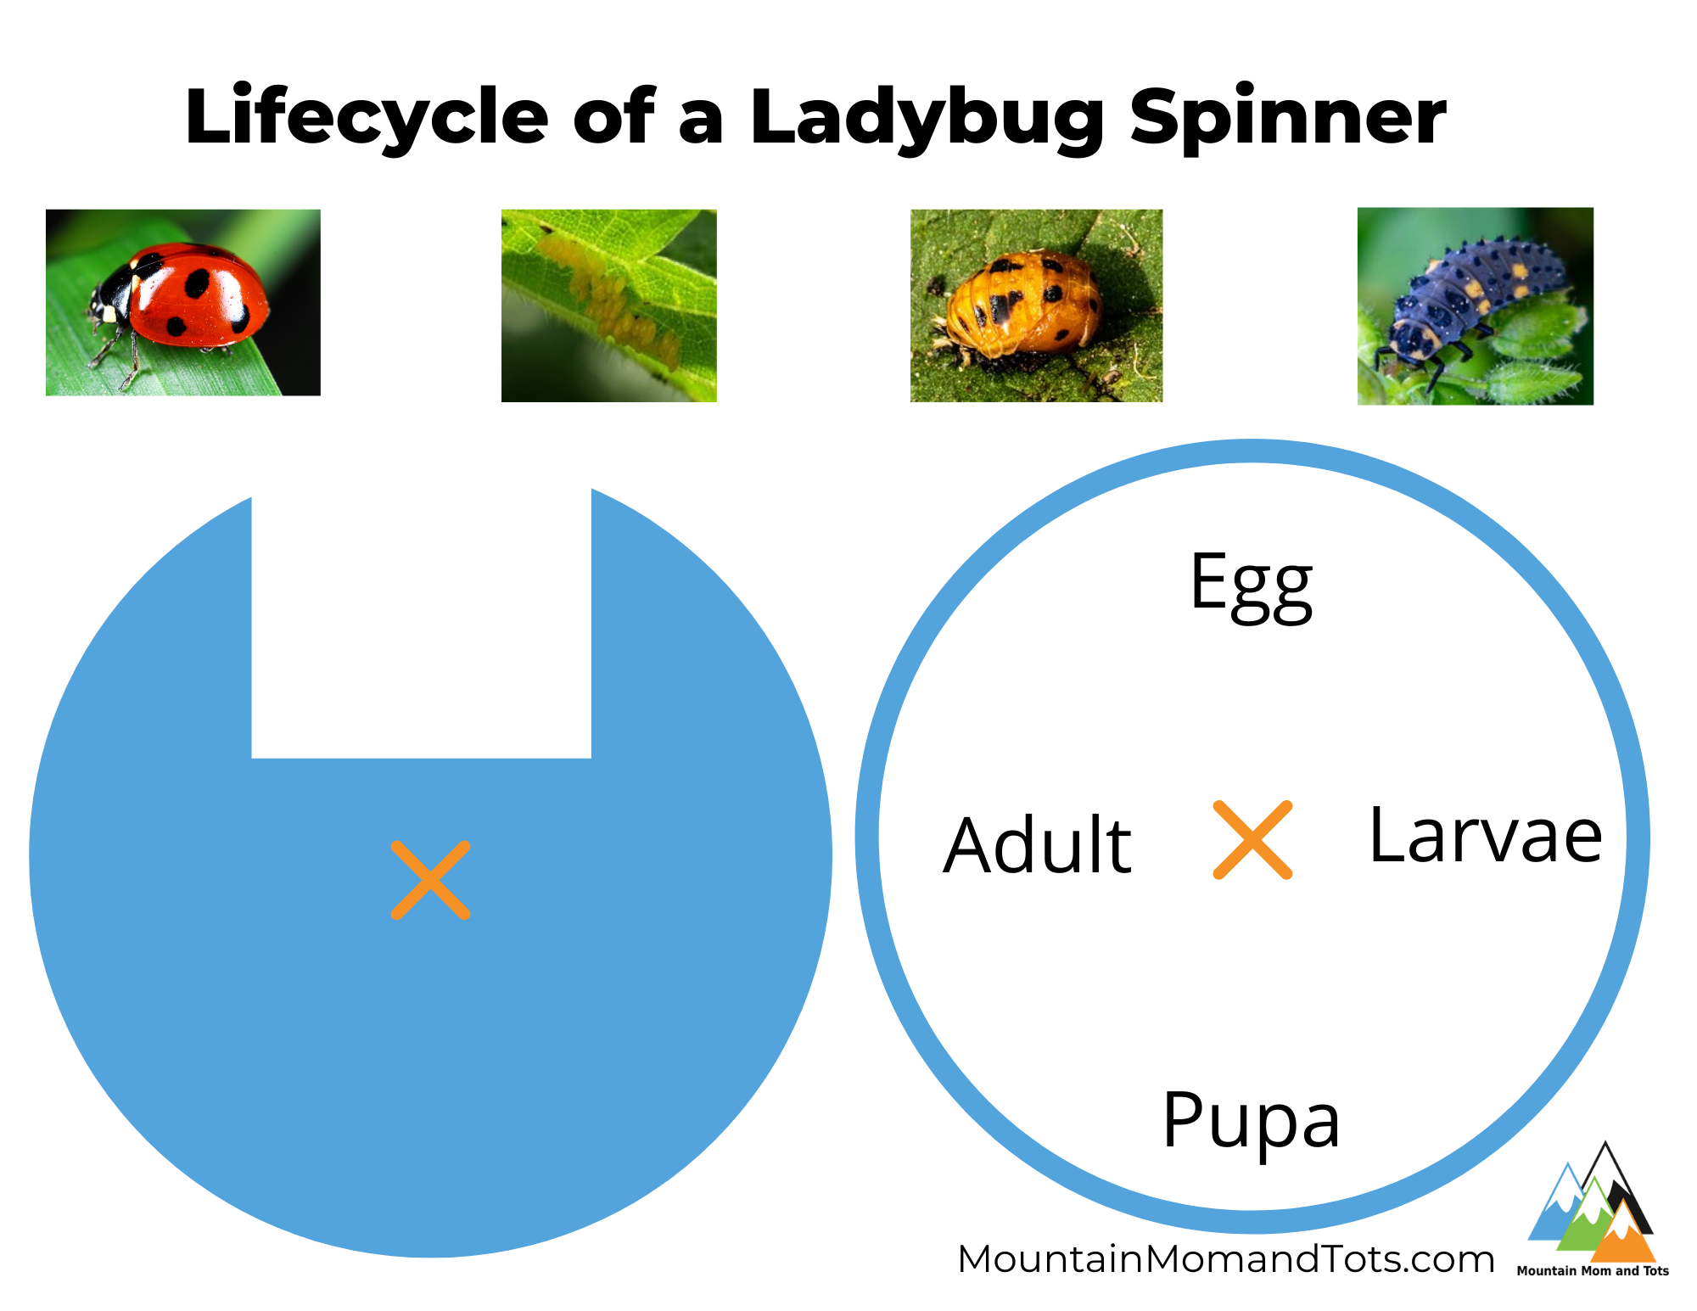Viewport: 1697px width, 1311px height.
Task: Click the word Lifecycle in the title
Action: pos(367,117)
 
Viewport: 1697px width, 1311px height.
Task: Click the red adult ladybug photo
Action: pos(183,302)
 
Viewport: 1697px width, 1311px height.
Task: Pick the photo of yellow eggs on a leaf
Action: pos(609,305)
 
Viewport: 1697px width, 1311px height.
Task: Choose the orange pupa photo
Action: pos(1036,305)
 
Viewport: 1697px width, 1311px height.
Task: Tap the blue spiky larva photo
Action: pos(1476,306)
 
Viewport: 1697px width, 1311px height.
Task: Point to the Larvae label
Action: pos(1486,835)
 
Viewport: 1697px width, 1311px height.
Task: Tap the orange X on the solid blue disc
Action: pos(430,880)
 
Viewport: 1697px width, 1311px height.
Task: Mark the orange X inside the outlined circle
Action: pos(1252,839)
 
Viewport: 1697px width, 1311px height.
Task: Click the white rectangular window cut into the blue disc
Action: pos(422,624)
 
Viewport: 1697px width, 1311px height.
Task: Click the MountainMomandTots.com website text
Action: pos(1226,1259)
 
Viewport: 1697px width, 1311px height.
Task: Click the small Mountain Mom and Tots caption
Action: pos(1593,1271)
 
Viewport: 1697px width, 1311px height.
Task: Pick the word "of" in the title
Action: pos(613,117)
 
